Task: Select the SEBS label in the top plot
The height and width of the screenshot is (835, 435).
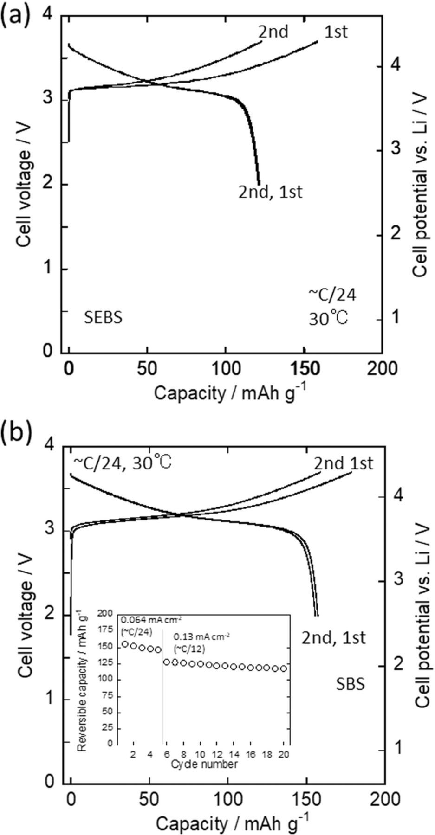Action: [x=103, y=318]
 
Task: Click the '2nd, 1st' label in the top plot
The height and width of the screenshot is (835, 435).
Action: [x=270, y=191]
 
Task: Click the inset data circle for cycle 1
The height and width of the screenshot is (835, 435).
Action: [x=125, y=644]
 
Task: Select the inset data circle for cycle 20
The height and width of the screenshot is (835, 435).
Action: [x=284, y=668]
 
